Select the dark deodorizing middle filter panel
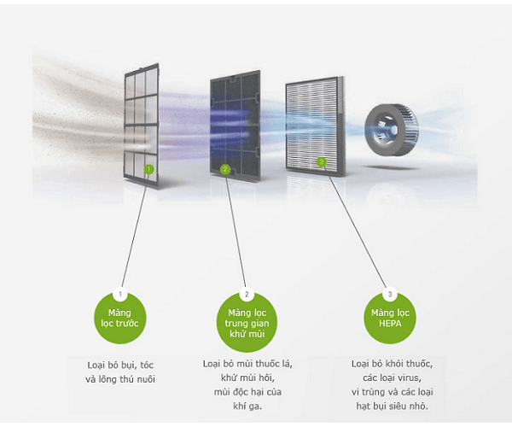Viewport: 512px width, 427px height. point(234,124)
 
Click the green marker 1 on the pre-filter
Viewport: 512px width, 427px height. point(148,169)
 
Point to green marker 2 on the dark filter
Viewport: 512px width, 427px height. point(225,170)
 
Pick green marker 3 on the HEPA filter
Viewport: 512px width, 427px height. point(322,161)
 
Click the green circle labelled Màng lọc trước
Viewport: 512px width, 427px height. point(120,319)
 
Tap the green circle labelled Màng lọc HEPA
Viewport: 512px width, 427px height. point(390,318)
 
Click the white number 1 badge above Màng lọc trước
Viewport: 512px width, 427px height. point(120,295)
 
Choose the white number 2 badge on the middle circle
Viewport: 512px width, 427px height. point(246,295)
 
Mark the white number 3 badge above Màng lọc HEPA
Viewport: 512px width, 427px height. point(390,295)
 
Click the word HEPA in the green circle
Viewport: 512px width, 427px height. point(391,325)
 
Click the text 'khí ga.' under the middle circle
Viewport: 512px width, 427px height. point(246,407)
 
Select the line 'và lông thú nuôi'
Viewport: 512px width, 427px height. point(120,378)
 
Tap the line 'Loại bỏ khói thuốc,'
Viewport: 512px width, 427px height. point(392,364)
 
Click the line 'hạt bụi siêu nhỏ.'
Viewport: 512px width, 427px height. point(392,406)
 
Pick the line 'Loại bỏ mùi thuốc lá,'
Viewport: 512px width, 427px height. point(247,364)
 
